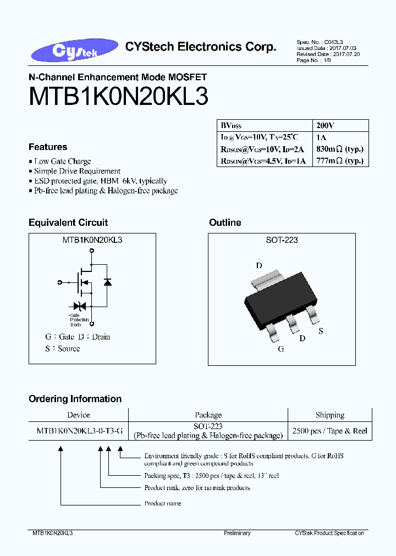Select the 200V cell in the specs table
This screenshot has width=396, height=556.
323,125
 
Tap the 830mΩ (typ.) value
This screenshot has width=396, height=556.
340,149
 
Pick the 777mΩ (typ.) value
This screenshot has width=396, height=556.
340,160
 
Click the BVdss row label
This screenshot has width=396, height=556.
232,125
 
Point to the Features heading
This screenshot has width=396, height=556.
48,147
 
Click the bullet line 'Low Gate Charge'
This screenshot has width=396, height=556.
62,162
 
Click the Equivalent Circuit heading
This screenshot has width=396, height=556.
68,223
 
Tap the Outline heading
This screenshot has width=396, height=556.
225,223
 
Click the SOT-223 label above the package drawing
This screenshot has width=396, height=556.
282,240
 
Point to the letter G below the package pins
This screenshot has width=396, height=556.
281,349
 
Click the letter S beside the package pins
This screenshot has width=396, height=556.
321,331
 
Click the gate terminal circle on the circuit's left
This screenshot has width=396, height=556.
59,282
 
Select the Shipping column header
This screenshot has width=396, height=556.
329,415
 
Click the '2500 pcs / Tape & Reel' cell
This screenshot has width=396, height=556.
329,431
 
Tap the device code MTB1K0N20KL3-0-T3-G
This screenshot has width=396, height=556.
78,431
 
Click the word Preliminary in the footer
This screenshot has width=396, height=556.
237,533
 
